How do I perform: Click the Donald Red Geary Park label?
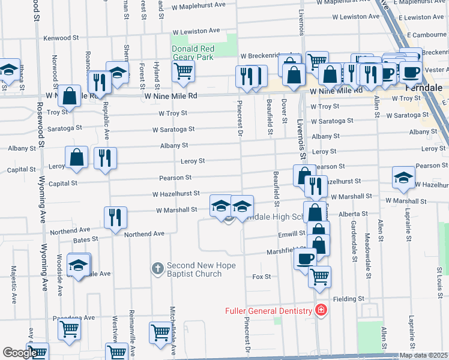193,53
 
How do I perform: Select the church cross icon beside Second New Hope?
157,269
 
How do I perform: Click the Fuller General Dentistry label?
268,311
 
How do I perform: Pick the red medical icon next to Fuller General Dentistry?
321,310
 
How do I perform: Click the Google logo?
19,353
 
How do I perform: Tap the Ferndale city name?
424,87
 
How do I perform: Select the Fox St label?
262,277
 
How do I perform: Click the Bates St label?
86,239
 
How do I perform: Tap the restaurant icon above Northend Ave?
115,217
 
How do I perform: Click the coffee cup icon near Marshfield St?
305,259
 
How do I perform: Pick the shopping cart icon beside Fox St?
319,277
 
